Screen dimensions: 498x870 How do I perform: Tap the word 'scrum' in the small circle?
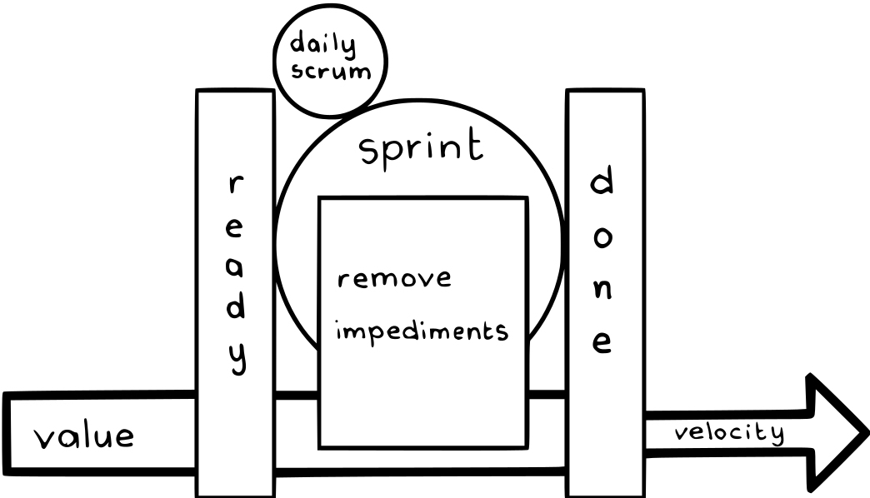(x=331, y=70)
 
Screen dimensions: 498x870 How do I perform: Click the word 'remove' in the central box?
(x=394, y=278)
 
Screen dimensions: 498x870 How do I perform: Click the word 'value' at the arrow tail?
(x=83, y=436)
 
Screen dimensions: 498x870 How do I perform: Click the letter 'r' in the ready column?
(x=236, y=185)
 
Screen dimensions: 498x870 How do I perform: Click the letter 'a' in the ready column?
(x=236, y=268)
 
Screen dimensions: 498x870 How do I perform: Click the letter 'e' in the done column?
(x=603, y=343)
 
